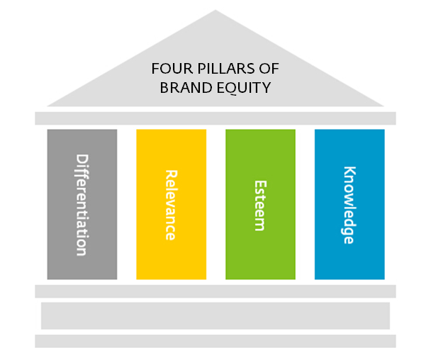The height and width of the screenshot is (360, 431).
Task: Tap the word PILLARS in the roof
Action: [220, 69]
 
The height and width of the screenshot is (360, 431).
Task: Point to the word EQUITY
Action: [247, 89]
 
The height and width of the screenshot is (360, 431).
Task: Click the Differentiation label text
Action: [82, 204]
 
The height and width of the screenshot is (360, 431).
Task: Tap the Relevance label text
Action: [171, 204]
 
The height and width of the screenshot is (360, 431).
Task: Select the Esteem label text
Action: [260, 204]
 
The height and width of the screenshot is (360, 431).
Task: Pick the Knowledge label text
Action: [349, 204]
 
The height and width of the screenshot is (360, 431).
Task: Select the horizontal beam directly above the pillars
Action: [216, 118]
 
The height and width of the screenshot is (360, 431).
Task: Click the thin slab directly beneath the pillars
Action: [216, 291]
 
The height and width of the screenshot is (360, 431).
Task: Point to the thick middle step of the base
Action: [216, 315]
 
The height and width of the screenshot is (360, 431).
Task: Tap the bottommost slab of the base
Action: [216, 341]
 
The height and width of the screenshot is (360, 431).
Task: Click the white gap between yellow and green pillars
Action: [216, 204]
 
